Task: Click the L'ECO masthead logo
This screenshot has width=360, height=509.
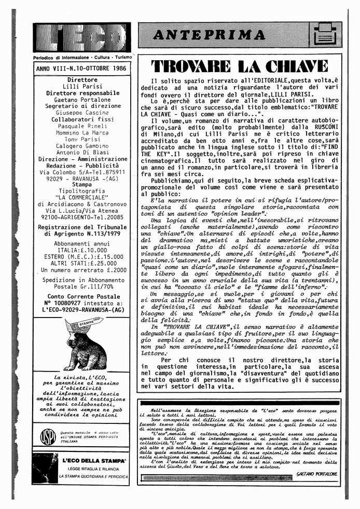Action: tap(82, 37)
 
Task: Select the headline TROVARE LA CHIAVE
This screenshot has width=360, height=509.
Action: tap(239, 66)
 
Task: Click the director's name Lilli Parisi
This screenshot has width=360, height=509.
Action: tap(82, 86)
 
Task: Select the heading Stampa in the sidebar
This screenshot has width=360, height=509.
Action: tap(82, 184)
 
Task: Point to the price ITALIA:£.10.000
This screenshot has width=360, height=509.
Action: tap(82, 250)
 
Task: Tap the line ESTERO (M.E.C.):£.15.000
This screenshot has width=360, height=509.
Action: tap(82, 256)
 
